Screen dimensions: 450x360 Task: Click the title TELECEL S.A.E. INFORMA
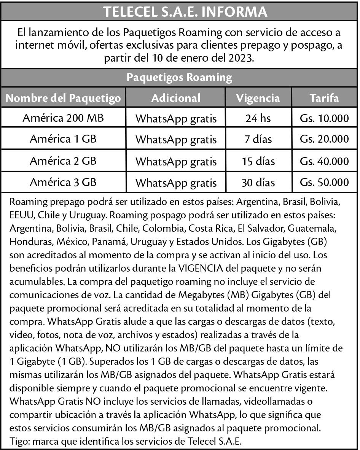pyautogui.click(x=180, y=11)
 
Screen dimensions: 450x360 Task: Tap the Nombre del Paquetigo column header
pyautogui.click(x=64, y=98)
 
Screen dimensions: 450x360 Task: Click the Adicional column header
pyautogui.click(x=176, y=98)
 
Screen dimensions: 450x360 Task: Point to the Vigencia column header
pyautogui.click(x=258, y=98)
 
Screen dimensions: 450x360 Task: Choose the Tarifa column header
pyautogui.click(x=324, y=98)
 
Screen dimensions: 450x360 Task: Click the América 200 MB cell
pyautogui.click(x=63, y=118)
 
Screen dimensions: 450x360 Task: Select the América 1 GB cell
pyautogui.click(x=63, y=139)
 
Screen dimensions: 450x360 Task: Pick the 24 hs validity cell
pyautogui.click(x=258, y=119)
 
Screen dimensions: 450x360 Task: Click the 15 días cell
pyautogui.click(x=258, y=161)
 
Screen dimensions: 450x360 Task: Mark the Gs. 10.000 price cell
pyautogui.click(x=324, y=119)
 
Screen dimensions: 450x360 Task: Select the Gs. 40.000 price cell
pyautogui.click(x=324, y=161)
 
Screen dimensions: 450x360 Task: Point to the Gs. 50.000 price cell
pyautogui.click(x=324, y=183)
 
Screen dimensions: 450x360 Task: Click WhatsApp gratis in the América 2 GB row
pyautogui.click(x=176, y=162)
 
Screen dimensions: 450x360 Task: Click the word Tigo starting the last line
pyautogui.click(x=18, y=442)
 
